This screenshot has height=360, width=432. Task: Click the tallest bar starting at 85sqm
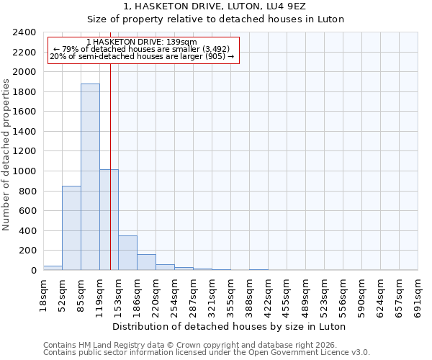(x=90, y=177)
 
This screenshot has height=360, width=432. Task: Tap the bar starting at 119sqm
(x=109, y=220)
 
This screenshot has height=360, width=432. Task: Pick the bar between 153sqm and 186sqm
(x=127, y=253)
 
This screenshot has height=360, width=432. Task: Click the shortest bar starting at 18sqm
(x=53, y=268)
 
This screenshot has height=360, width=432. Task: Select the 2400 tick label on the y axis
(x=24, y=32)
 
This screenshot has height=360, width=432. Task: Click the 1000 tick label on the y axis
(x=24, y=171)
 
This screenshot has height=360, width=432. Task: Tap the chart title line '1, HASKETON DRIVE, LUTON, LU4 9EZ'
(x=215, y=6)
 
